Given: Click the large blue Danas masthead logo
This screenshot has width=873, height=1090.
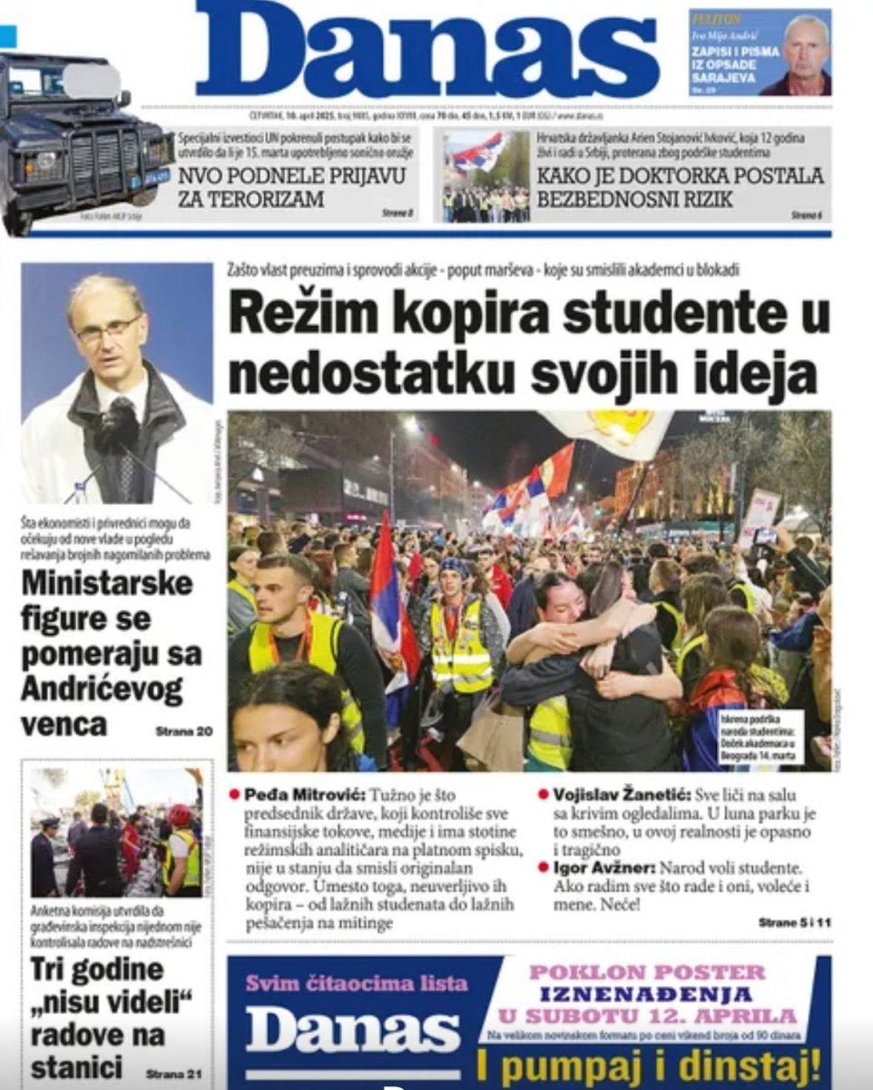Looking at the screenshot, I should click(427, 50).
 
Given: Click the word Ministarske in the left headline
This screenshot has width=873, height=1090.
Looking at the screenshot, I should click(107, 582).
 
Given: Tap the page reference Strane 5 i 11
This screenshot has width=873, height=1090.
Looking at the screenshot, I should click(794, 922).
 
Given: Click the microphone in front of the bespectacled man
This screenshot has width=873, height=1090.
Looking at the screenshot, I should click(118, 425).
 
